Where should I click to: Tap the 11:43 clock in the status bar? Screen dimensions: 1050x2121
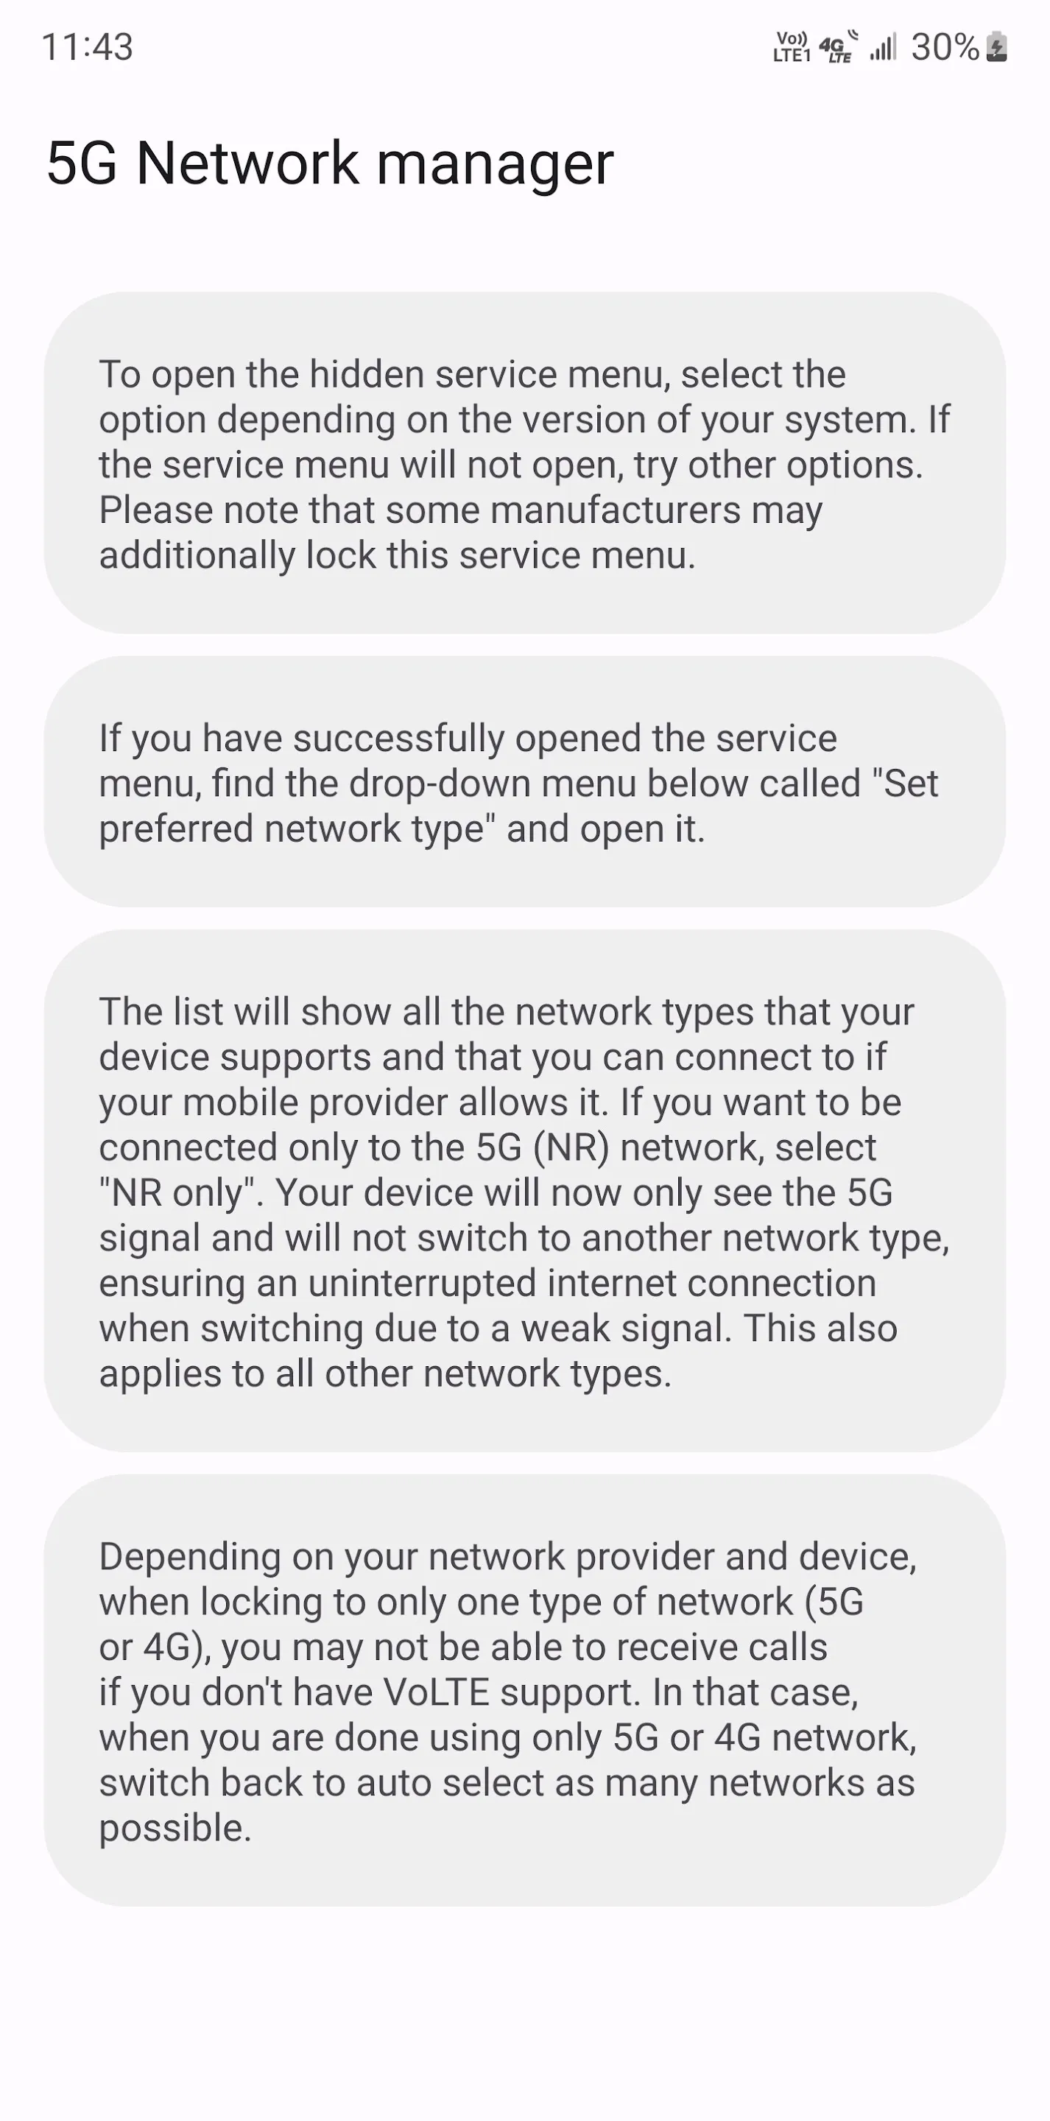click(x=88, y=47)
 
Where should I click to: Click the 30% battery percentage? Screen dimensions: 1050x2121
click(x=945, y=47)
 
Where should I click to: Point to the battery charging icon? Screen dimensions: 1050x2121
click(x=996, y=47)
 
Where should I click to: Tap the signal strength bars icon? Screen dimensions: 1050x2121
click(x=883, y=47)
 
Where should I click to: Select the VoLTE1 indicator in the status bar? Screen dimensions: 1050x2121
click(x=792, y=47)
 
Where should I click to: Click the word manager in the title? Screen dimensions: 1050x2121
click(x=495, y=163)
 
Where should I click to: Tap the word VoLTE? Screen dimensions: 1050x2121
click(x=437, y=1693)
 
